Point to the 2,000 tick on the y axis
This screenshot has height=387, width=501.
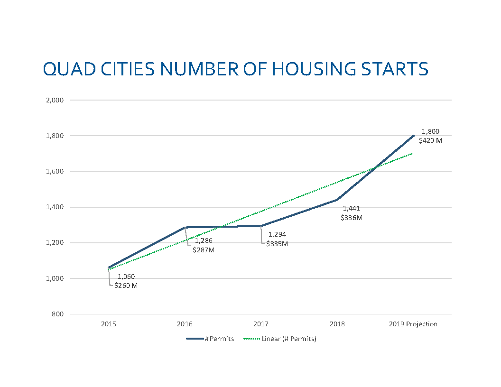(x=55, y=100)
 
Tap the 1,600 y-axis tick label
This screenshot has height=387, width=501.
(x=55, y=171)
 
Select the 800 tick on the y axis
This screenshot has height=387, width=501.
(x=58, y=314)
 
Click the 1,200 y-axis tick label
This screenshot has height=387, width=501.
(x=55, y=243)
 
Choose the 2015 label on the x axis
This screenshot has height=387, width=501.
(x=109, y=324)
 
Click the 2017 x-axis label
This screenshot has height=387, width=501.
(x=261, y=324)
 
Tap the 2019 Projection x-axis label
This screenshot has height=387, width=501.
(x=413, y=324)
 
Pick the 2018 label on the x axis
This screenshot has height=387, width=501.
(x=337, y=324)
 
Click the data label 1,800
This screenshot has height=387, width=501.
(x=430, y=131)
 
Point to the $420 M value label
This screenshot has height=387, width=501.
(x=430, y=140)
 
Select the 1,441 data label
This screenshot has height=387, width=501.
(x=352, y=208)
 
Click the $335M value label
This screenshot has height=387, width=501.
(x=277, y=244)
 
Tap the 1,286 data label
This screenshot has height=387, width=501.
(x=204, y=241)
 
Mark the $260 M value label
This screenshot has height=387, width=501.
(x=126, y=286)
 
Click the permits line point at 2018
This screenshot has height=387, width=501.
(x=337, y=200)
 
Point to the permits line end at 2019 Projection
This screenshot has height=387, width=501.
(x=413, y=136)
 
